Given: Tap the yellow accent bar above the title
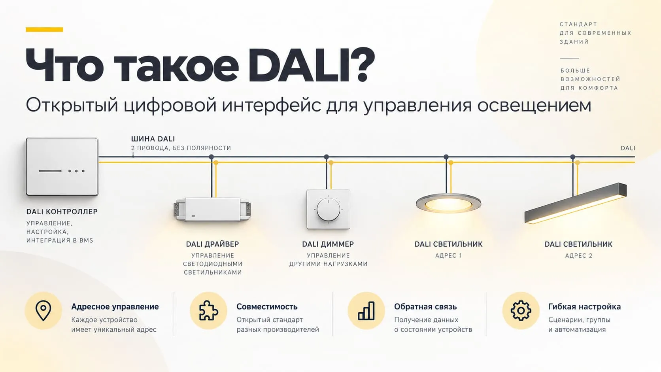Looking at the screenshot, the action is (44, 30).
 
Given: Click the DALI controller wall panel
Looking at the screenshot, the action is (62, 167).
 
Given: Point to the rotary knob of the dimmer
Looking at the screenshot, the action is (328, 210).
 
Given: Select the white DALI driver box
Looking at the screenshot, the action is (212, 210).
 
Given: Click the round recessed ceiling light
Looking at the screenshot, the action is (448, 203).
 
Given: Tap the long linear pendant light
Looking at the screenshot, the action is (576, 203).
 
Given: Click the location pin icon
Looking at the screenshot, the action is (43, 310).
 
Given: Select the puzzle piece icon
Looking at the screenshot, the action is (208, 310).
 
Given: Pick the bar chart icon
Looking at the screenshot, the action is (366, 311).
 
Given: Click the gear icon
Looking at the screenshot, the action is (521, 310).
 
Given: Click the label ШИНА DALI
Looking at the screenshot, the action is (153, 139).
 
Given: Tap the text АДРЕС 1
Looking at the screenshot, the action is (448, 255).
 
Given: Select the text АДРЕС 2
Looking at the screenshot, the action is (579, 255).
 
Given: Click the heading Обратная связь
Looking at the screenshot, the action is (425, 307).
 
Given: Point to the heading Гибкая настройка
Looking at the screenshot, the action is (585, 307).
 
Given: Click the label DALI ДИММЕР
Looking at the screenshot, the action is (328, 244).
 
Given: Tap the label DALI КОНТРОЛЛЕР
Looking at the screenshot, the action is (62, 211).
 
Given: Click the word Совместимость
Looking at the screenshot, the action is (267, 307).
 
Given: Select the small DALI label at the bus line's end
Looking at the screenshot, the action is (628, 148).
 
